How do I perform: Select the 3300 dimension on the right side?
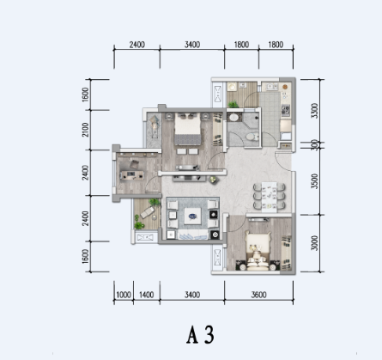(315, 111)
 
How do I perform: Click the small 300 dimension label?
(315, 146)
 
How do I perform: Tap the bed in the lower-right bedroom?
(259, 250)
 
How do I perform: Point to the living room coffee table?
(191, 212)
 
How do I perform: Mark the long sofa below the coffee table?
(191, 233)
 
